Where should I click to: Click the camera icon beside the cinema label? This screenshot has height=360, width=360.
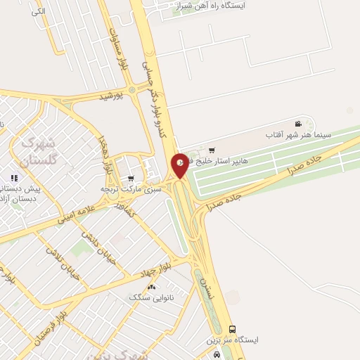tap(298, 124)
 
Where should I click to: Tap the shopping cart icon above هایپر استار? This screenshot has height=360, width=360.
tap(212, 150)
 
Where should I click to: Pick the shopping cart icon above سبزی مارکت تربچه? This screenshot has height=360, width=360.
tap(131, 179)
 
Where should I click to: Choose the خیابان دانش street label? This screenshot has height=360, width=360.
tap(91, 243)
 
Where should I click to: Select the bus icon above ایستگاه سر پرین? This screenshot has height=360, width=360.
tap(233, 329)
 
